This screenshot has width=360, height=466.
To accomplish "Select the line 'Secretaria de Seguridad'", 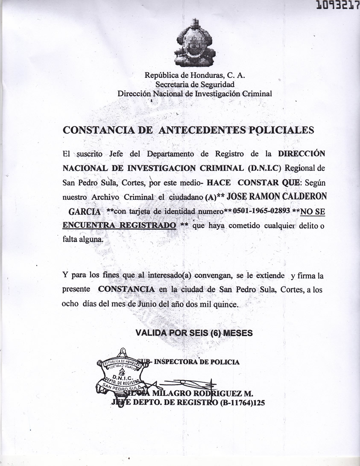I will click(x=195, y=85).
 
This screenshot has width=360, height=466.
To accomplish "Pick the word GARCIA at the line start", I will click(x=85, y=212).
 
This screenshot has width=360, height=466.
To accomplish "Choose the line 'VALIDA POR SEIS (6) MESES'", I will click(x=194, y=333).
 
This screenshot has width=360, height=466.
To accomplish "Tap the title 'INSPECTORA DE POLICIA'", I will click(x=196, y=362).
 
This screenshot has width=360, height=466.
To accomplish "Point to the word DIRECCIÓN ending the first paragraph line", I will click(x=301, y=153).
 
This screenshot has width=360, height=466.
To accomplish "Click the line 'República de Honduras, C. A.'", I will click(x=195, y=76).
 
